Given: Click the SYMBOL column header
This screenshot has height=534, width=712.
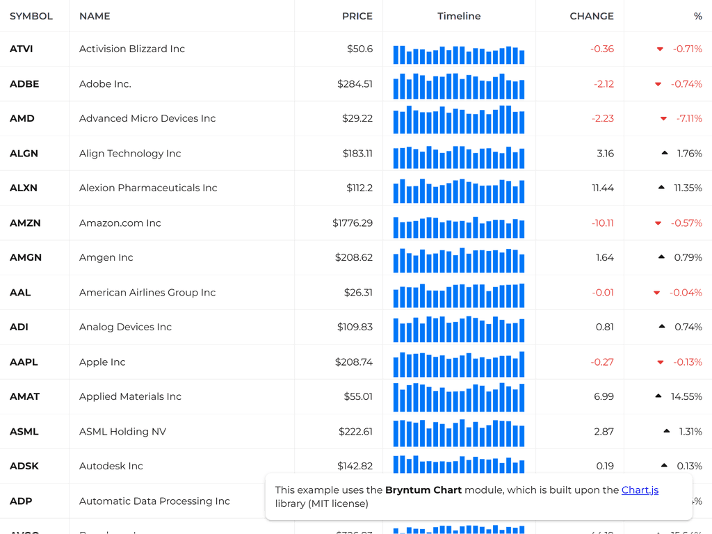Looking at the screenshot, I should click(x=31, y=16).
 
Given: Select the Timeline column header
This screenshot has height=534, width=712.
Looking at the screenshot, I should click(x=459, y=16).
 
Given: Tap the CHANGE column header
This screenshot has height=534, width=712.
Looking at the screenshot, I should click(x=591, y=16).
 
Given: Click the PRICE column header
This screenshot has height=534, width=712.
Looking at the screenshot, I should click(x=357, y=16).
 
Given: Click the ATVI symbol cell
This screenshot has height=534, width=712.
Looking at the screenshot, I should click(x=22, y=49).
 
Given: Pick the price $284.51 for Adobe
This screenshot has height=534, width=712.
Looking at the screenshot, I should click(x=355, y=84).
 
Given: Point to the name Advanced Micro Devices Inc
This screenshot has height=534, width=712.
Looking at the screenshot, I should click(x=147, y=119).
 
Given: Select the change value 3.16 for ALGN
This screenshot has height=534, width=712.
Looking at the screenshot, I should click(x=605, y=154).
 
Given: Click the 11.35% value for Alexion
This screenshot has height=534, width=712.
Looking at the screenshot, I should click(x=688, y=188).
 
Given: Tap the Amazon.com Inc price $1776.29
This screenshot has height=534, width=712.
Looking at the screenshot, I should click(x=353, y=223).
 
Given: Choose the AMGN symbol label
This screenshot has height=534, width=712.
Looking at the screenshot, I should click(x=26, y=258).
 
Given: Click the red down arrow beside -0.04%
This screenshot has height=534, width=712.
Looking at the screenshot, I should click(x=656, y=293).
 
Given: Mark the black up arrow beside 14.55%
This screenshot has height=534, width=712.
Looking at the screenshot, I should click(x=658, y=396).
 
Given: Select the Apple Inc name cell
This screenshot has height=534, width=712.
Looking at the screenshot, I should click(x=102, y=362).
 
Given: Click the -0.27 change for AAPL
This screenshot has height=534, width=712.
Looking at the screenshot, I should click(x=602, y=362).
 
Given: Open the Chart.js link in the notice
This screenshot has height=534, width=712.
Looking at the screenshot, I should click(x=640, y=490).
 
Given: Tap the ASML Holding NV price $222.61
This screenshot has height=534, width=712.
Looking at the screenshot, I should click(x=355, y=432).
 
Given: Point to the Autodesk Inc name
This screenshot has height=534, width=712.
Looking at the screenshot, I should click(x=111, y=467).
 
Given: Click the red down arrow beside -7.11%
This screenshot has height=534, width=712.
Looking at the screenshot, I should click(x=663, y=119).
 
